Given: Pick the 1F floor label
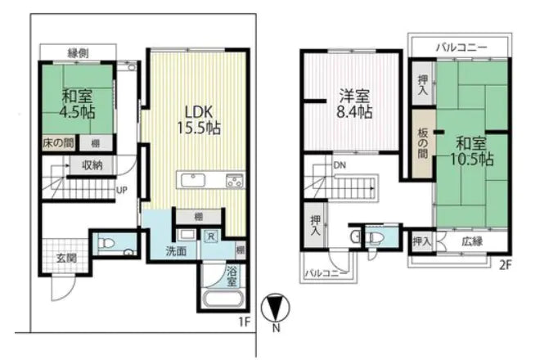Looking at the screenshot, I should tap(243, 322).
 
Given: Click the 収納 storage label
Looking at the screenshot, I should tap(92, 166).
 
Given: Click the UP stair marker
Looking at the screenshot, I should tap(122, 191).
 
